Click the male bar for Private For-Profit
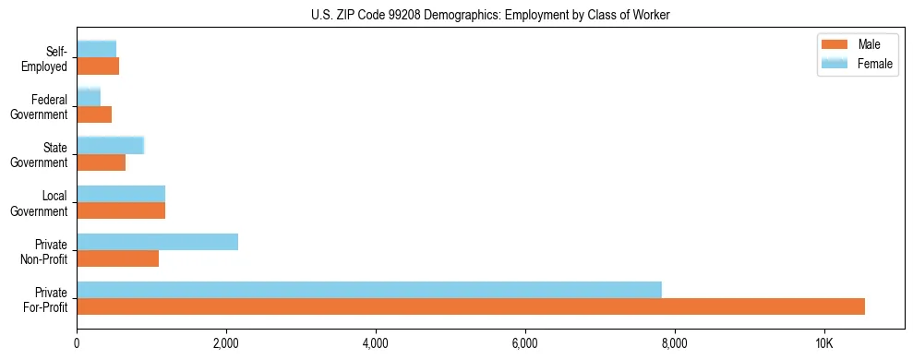[471, 306]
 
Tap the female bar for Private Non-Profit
[157, 242]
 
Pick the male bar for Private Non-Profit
[117, 258]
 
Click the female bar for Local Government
[121, 194]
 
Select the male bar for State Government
[101, 162]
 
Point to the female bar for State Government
[110, 146]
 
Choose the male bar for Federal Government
[94, 114]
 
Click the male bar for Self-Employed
[98, 66]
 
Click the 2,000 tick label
[226, 343]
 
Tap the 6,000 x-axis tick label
[525, 343]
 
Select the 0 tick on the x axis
[77, 343]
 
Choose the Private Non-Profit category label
[45, 251]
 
